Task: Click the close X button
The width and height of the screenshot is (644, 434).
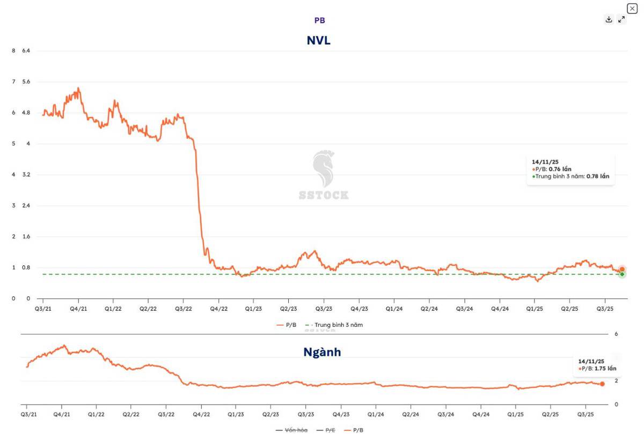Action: [632, 9]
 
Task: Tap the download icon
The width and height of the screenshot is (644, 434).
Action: [609, 19]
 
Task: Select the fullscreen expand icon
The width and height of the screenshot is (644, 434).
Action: [621, 19]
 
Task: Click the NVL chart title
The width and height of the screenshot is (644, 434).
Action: [318, 40]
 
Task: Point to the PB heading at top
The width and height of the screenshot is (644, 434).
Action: [319, 20]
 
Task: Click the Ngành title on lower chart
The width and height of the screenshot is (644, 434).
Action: [322, 352]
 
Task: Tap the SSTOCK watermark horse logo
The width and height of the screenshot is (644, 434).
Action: [324, 168]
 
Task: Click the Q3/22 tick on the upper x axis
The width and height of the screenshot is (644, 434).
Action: [184, 309]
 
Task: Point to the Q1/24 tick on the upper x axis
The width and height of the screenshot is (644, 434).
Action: [394, 309]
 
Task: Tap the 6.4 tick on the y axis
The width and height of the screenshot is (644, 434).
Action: [26, 50]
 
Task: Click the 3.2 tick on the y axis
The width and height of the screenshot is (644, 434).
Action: [26, 175]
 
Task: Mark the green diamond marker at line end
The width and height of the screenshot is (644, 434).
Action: [622, 274]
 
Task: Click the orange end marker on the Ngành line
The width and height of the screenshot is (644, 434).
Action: [602, 384]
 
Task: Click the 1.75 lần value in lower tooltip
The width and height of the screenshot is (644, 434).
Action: [605, 369]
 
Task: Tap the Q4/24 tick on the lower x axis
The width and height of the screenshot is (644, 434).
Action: [481, 414]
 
